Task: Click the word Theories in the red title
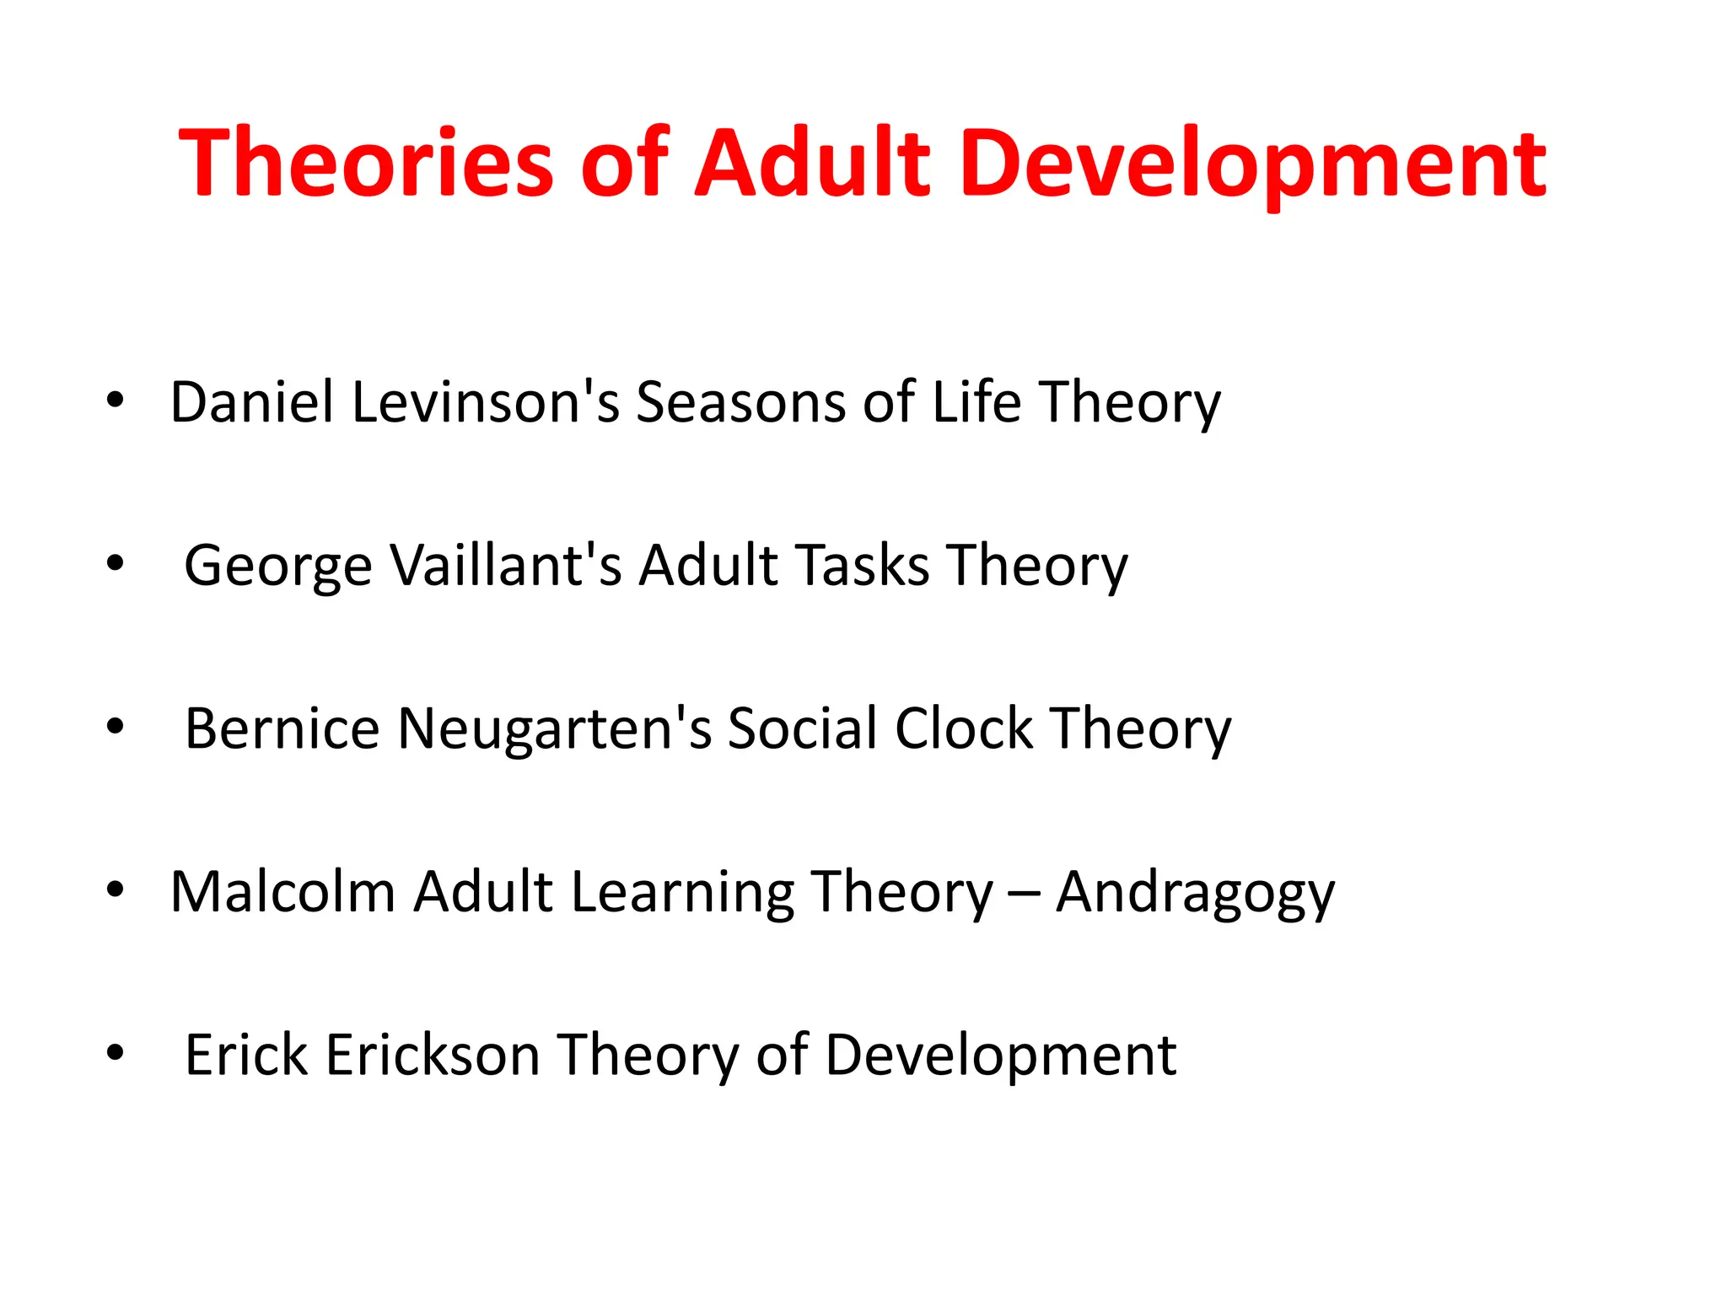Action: [x=365, y=163]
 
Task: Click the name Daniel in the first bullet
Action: [x=252, y=402]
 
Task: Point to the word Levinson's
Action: [x=486, y=402]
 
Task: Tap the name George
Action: [x=278, y=566]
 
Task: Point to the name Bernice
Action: [x=282, y=728]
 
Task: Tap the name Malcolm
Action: [x=282, y=892]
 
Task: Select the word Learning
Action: [x=682, y=892]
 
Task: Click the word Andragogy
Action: [x=1195, y=892]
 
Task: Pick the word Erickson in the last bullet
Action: [x=433, y=1055]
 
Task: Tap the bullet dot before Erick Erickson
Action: [x=116, y=1052]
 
